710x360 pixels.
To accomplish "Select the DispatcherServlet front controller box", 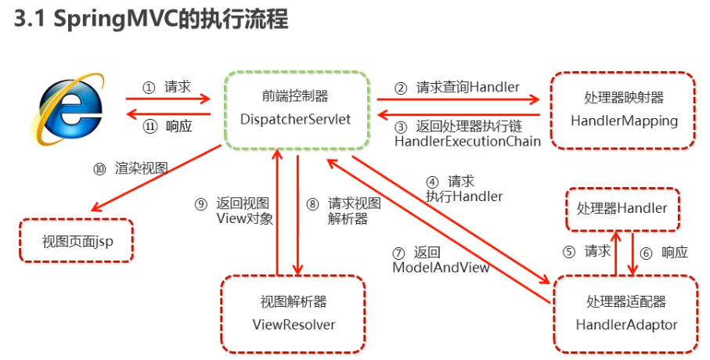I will pyautogui.click(x=295, y=109).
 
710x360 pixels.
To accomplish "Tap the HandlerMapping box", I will pyautogui.click(x=623, y=110).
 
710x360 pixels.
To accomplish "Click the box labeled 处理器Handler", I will pyautogui.click(x=622, y=209).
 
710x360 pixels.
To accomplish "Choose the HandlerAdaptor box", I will pyautogui.click(x=625, y=313).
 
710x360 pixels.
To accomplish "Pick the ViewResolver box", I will pyautogui.click(x=294, y=312).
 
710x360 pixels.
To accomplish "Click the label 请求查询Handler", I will pyautogui.click(x=467, y=88).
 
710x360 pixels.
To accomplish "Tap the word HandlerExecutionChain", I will pyautogui.click(x=467, y=141).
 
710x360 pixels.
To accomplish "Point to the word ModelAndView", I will pyautogui.click(x=441, y=267).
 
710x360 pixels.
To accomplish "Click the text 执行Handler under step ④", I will pyautogui.click(x=464, y=196).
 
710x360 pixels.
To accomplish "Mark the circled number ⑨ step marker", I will pyautogui.click(x=201, y=203).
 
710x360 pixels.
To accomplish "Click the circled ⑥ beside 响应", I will pyautogui.click(x=647, y=252).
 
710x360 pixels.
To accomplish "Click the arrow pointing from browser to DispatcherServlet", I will pyautogui.click(x=168, y=99).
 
